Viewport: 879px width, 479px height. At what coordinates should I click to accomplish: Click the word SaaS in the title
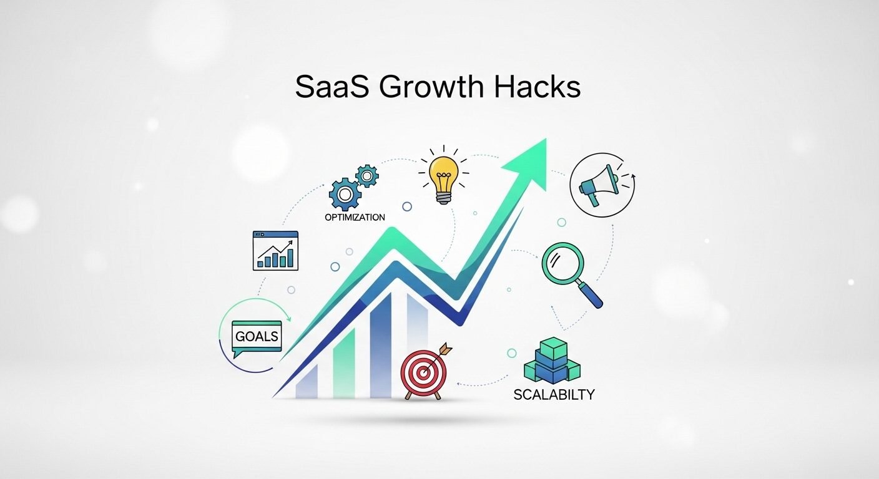pyautogui.click(x=331, y=87)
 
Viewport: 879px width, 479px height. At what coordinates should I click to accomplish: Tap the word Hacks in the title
pyautogui.click(x=536, y=87)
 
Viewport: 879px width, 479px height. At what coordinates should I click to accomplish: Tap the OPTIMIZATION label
pyautogui.click(x=355, y=218)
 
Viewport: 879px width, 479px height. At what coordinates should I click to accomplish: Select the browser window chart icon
pyautogui.click(x=275, y=250)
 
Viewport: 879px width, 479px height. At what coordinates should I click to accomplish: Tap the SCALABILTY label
pyautogui.click(x=554, y=395)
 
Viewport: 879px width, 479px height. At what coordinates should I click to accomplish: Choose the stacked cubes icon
pyautogui.click(x=552, y=361)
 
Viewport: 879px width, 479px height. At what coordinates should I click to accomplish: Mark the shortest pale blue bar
pyautogui.click(x=307, y=381)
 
